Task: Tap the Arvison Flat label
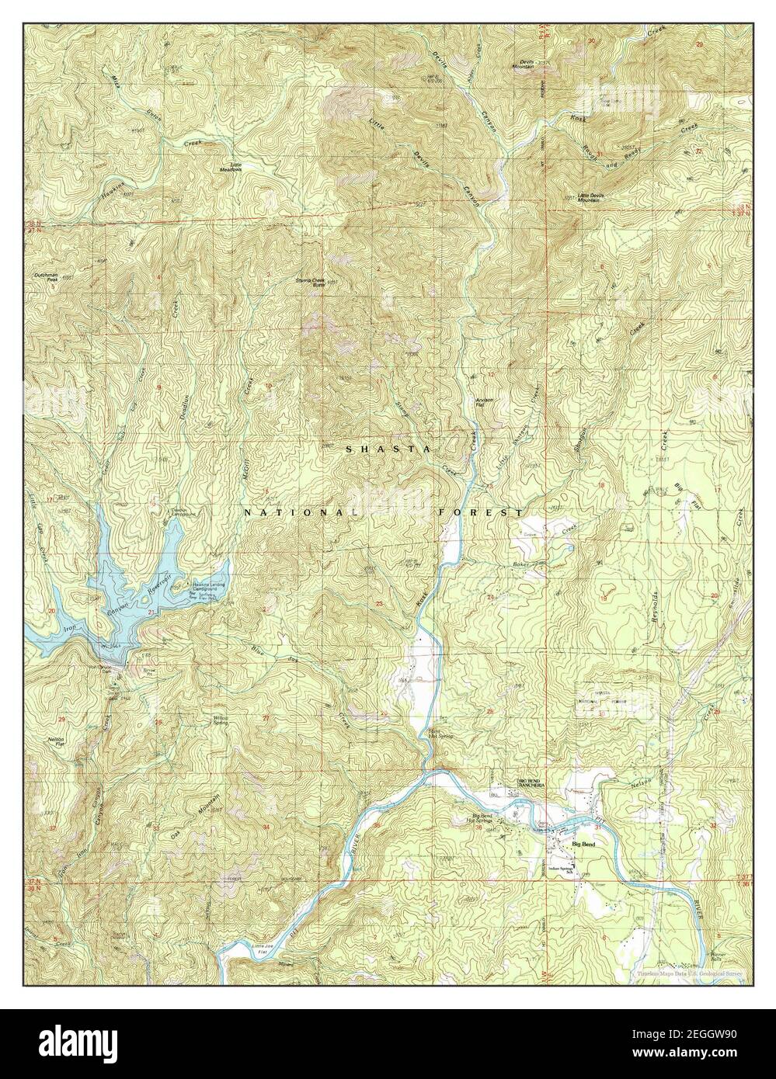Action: pyautogui.click(x=485, y=401)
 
